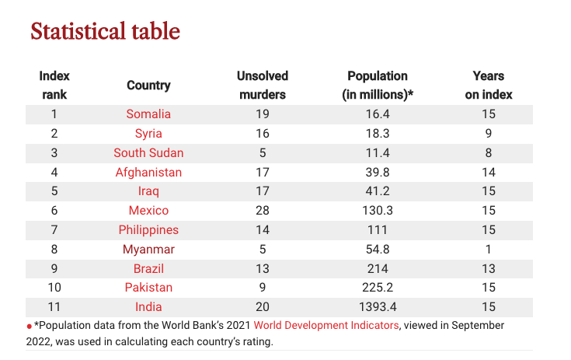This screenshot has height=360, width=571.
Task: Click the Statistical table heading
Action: [105, 31]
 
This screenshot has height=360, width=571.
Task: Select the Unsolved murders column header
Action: [263, 86]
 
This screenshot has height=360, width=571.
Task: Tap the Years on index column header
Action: [489, 86]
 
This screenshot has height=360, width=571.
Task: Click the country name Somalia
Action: [148, 114]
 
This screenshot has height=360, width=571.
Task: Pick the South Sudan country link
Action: [148, 152]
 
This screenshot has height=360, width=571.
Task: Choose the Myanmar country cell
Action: [148, 250]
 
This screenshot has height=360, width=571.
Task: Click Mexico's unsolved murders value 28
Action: [263, 210]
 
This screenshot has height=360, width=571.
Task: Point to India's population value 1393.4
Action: [378, 307]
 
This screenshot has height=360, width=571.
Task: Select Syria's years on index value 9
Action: [489, 134]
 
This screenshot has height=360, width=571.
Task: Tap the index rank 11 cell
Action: [54, 307]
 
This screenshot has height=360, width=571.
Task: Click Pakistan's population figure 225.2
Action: [378, 288]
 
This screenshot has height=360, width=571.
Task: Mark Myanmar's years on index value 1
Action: [489, 250]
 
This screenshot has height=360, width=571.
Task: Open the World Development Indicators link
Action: [326, 325]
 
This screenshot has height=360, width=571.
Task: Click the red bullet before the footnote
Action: [30, 327]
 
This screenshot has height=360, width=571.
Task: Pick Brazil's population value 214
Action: [378, 268]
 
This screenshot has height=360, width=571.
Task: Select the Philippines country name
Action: [148, 230]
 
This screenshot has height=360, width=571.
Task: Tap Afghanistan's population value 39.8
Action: [378, 173]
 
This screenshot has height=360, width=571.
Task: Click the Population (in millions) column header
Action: [378, 86]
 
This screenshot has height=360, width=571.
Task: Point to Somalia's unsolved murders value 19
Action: [263, 114]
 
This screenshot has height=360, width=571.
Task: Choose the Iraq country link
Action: [148, 191]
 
